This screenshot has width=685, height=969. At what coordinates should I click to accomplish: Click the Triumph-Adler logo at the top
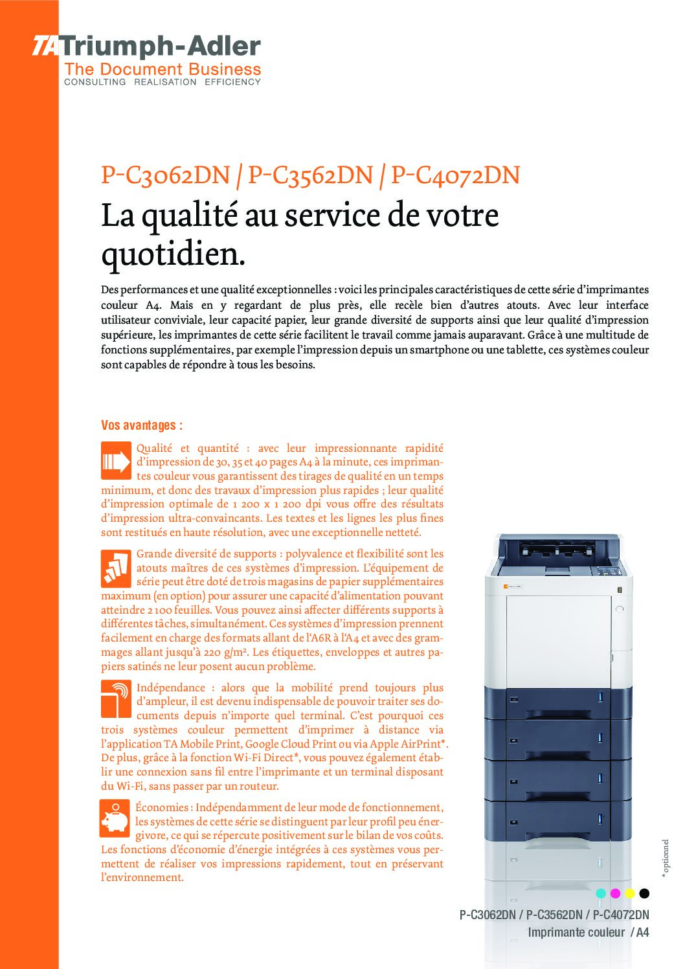(x=146, y=47)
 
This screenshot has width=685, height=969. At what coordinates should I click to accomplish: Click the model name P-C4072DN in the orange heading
(x=456, y=175)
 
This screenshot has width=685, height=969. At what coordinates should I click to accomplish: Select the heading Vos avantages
(x=142, y=425)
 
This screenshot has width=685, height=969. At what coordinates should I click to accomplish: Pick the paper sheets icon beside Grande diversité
(x=117, y=568)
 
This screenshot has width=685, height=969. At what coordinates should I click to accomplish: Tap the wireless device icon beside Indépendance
(x=117, y=699)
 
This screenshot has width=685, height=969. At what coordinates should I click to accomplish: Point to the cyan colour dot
(x=601, y=893)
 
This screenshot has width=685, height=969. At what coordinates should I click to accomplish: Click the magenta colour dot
(x=615, y=893)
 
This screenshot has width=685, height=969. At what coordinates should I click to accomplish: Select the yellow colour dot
(x=629, y=893)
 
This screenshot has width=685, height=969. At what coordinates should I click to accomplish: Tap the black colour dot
(x=644, y=893)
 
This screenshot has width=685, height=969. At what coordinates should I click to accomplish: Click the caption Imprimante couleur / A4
(x=588, y=932)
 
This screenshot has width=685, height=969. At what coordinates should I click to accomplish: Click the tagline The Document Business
(x=163, y=69)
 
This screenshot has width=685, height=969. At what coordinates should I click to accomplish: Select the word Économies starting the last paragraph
(x=162, y=807)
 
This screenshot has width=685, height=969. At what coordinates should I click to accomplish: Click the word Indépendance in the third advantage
(x=171, y=687)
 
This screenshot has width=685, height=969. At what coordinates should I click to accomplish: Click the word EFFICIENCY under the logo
(x=232, y=82)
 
